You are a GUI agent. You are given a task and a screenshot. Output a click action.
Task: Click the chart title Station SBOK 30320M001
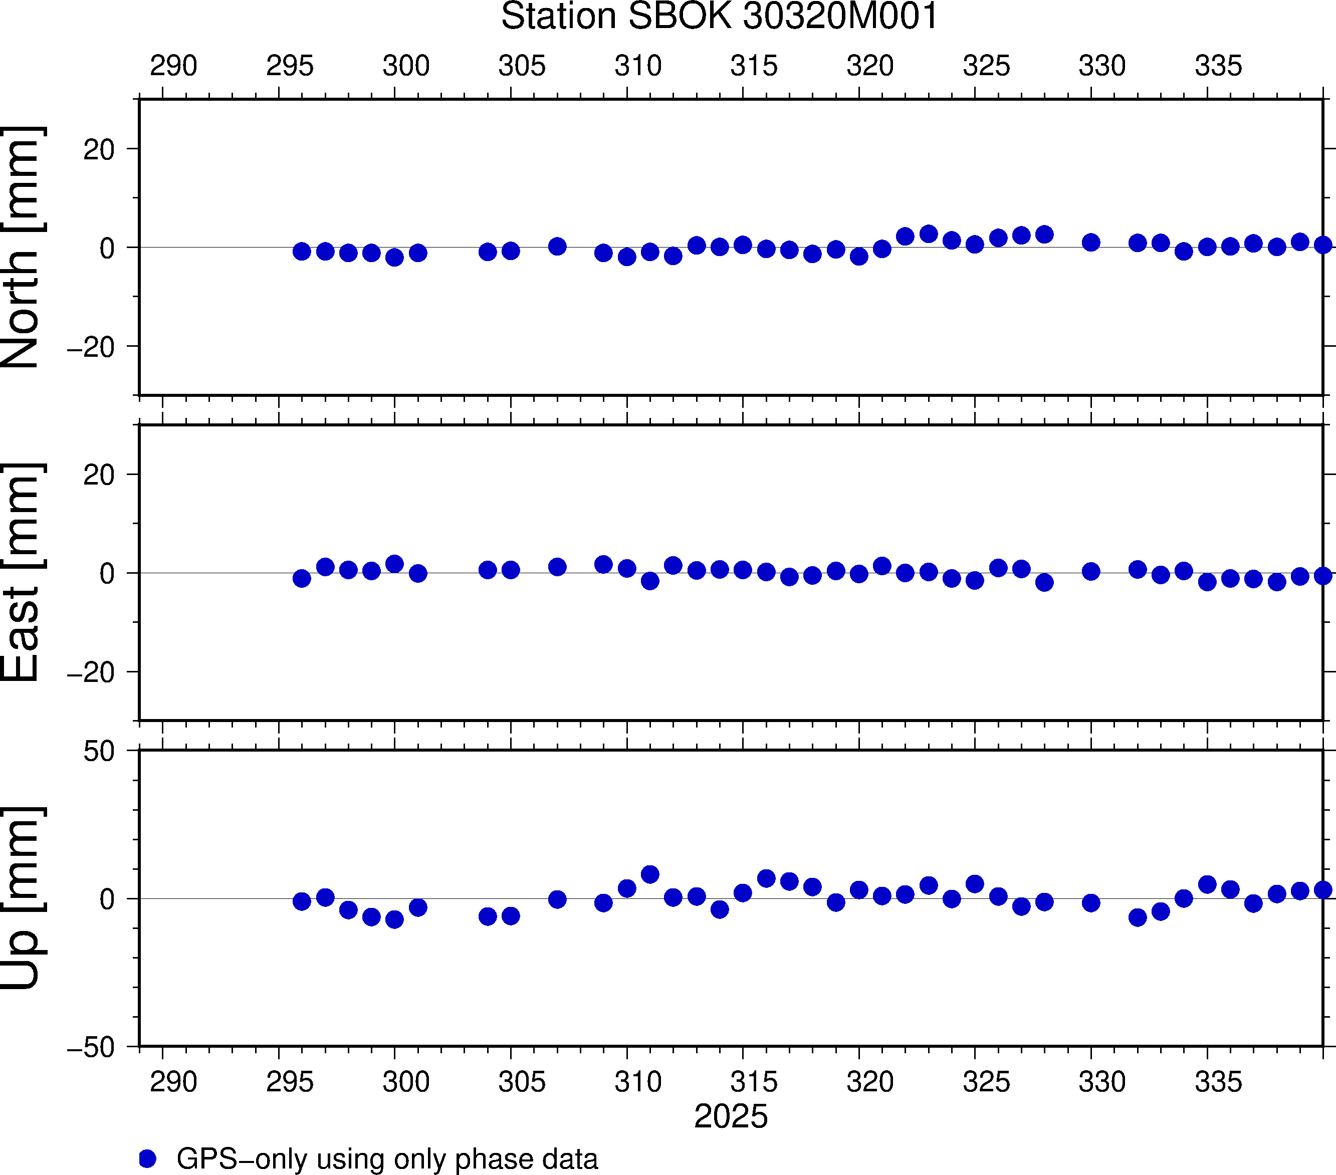(719, 17)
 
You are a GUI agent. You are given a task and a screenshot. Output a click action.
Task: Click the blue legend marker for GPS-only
(148, 1158)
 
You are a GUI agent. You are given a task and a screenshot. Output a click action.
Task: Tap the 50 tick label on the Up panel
(99, 752)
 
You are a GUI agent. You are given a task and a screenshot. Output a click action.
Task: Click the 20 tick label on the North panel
(99, 150)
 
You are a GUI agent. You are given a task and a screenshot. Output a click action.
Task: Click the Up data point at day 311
(649, 874)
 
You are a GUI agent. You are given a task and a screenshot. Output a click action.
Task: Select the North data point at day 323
(928, 234)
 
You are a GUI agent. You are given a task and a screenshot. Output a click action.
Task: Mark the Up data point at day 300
(394, 919)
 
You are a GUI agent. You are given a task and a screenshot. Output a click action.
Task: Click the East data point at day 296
(301, 578)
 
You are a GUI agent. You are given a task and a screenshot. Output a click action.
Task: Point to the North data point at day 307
(557, 247)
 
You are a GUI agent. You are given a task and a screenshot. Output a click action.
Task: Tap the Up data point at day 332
(1137, 917)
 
